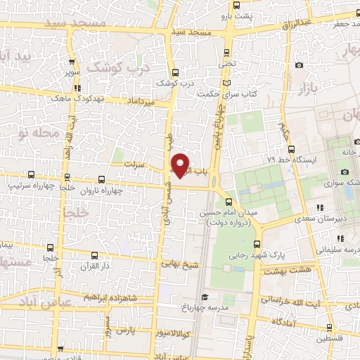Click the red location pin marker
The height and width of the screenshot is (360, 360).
point(181,165)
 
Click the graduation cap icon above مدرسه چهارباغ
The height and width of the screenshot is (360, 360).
point(204,297)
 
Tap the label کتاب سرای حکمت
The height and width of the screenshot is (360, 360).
point(224,94)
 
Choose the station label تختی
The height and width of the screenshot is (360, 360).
point(226,63)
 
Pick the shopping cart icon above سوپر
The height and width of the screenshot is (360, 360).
point(72,62)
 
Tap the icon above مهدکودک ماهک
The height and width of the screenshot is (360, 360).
point(77,89)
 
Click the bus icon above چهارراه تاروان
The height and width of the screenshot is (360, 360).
point(101,180)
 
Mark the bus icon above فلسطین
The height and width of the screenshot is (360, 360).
point(330,327)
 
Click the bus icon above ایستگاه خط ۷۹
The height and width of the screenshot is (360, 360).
point(292,148)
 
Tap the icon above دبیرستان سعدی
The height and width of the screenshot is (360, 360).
point(321,207)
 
